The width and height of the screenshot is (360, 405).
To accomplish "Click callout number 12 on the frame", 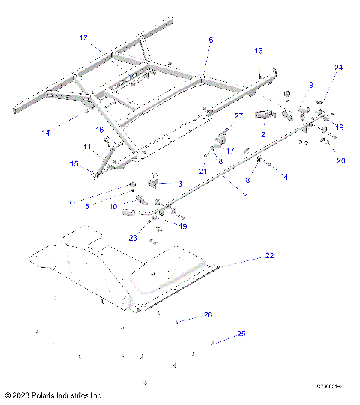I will [x=83, y=37].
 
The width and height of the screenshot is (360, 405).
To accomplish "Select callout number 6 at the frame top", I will [x=211, y=39].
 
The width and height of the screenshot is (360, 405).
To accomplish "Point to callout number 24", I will [x=338, y=67].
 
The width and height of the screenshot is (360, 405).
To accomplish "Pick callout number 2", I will [x=262, y=134].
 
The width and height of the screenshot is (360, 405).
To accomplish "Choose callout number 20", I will [x=340, y=160].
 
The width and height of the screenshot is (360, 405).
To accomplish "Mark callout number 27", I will [x=239, y=116].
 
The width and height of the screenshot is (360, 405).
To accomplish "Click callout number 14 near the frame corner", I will [x=46, y=133].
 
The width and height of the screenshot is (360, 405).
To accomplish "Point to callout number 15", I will [x=73, y=164].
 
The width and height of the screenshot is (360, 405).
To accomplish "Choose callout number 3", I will [x=179, y=184].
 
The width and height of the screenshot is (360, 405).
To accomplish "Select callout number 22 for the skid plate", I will [x=269, y=256].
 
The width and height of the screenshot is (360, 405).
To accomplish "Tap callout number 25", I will [x=241, y=333].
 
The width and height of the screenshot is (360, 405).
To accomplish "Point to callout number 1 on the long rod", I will [x=244, y=196].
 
